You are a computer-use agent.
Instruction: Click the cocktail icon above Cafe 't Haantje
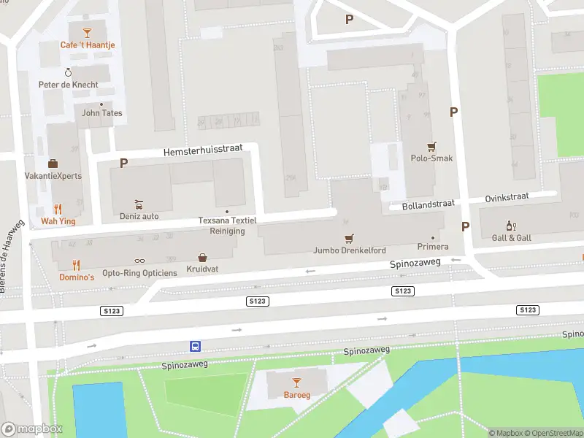pos(88,32)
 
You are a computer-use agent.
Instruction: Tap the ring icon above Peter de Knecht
pos(69,72)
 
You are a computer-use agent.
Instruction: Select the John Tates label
pos(101,113)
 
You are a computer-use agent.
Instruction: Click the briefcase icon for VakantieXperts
pos(53,163)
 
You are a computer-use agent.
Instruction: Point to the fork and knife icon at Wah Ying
pos(58,208)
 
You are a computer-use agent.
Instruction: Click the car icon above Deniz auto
pos(139,204)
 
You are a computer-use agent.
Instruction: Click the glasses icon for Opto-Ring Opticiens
pos(139,261)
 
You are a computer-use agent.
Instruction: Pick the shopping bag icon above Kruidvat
pos(202,257)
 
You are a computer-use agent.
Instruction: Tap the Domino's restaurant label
pos(77,277)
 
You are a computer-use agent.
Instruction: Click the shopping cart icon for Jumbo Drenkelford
pos(349,238)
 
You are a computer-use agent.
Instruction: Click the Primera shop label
pos(432,247)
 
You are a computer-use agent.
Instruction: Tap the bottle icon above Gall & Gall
pos(511,226)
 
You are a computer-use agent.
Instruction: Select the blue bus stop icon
pos(196,346)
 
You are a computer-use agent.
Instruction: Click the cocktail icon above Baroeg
pos(296,383)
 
